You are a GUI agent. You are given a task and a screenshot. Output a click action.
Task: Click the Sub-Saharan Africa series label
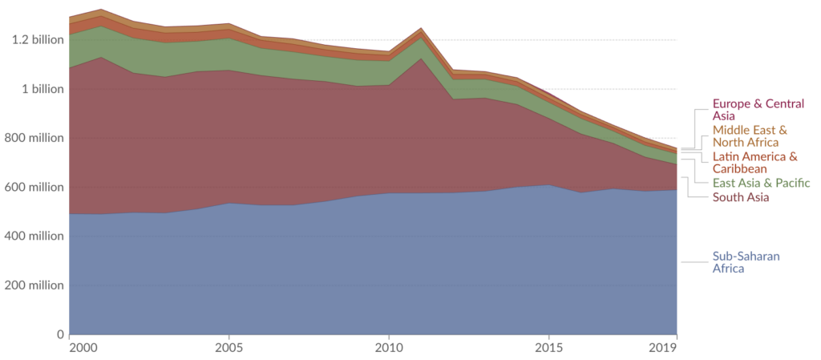tap(746, 262)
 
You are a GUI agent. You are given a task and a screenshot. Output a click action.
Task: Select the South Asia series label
tap(741, 197)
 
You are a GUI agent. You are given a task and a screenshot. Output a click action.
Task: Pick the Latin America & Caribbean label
tap(754, 162)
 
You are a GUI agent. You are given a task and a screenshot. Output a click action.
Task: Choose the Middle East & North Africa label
tap(750, 136)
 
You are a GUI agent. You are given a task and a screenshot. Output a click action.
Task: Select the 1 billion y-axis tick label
tap(40, 89)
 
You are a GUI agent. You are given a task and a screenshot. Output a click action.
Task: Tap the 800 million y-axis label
tap(32, 138)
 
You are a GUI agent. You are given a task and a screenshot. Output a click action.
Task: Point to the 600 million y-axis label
tap(32, 188)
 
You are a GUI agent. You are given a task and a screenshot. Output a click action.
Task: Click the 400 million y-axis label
tap(32, 237)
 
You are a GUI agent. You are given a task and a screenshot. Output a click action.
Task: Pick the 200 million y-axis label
tap(32, 285)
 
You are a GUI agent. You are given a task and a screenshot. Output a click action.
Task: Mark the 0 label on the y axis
tap(59, 334)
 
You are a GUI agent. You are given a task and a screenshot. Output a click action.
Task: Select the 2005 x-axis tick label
tap(229, 348)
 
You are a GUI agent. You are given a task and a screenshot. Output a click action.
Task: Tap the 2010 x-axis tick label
tap(389, 348)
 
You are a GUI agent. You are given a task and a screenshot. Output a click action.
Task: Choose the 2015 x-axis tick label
tap(549, 348)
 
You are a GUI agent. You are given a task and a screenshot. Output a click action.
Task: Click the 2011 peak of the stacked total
tap(421, 28)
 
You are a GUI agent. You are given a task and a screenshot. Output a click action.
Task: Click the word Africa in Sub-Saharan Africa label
tap(729, 269)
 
